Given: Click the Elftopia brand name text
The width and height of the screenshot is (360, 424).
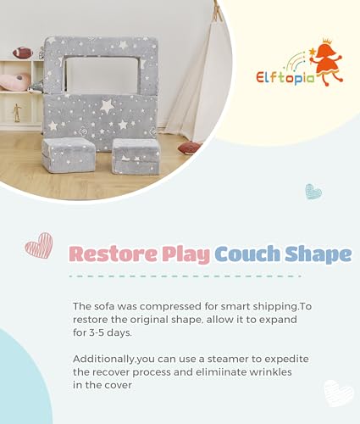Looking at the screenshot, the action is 285,77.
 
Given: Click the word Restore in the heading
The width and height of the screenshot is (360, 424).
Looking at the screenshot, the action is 113,254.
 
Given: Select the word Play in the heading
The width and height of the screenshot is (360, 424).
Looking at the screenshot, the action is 186,254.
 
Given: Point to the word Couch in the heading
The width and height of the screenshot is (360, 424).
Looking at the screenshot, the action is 247,254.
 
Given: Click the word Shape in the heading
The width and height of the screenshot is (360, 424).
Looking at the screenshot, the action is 318,254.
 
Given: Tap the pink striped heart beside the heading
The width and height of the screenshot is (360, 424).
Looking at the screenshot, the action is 39,245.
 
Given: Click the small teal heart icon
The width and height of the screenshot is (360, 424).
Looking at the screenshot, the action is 313,192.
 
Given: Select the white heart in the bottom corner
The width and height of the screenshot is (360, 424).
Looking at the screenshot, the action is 339,393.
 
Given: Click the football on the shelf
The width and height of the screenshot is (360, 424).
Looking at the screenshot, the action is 23,53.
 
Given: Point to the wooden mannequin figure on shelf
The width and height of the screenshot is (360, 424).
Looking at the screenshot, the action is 17,113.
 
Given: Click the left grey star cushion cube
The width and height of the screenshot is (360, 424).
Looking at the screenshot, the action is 69,155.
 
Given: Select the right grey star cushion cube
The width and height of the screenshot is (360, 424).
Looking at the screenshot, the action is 136,156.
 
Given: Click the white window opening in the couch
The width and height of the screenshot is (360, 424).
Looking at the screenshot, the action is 103,75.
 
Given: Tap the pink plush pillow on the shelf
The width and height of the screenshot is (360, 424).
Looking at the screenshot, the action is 14,82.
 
